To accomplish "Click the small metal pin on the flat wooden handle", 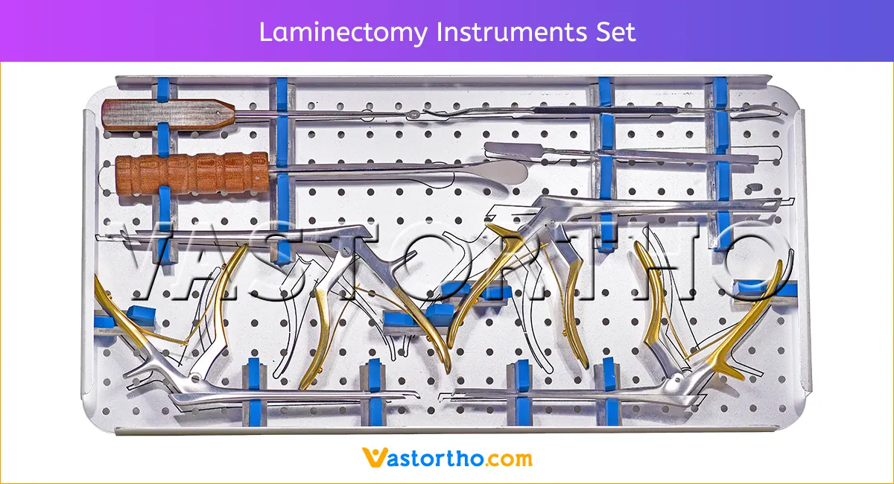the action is pyautogui.click(x=218, y=113).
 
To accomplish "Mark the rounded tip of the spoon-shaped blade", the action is pyautogui.click(x=527, y=172).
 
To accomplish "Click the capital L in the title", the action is pyautogui.click(x=266, y=32).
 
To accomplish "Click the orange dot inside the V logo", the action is pyautogui.click(x=375, y=453).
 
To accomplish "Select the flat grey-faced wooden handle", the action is pyautogui.click(x=168, y=115).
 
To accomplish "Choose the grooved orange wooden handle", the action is pyautogui.click(x=192, y=173).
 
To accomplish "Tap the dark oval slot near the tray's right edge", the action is pyautogui.click(x=754, y=187).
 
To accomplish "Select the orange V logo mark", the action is pyautogui.click(x=374, y=457).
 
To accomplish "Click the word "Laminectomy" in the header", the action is pyautogui.click(x=343, y=33).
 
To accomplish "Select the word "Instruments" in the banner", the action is pyautogui.click(x=512, y=32).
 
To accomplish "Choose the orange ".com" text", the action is pyautogui.click(x=508, y=459).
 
